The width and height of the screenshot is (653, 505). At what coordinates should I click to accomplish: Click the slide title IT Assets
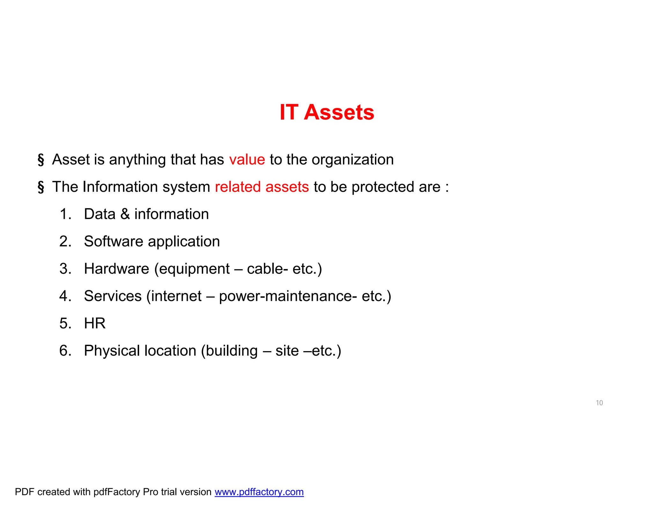pos(326,112)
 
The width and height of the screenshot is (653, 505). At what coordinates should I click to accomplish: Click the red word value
pos(247,160)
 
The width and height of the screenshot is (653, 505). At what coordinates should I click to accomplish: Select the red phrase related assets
pos(262,187)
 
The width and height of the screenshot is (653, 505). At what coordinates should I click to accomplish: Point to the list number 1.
pos(65,214)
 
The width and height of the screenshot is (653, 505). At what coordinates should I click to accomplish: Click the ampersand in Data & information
pos(125,214)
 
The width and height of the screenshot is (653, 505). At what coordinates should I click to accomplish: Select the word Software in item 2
pos(113,241)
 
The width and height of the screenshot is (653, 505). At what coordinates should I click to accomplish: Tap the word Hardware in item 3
pos(116,269)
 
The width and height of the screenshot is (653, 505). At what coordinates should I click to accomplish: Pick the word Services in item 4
pos(113,296)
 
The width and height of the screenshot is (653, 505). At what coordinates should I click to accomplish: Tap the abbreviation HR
pos(95,323)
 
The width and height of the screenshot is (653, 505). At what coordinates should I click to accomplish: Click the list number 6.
pos(65,351)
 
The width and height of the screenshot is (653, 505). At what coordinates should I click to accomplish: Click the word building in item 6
pos(231,351)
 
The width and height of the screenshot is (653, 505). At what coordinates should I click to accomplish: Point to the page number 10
pos(599,403)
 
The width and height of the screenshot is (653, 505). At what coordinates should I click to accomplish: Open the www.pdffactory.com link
pos(259,492)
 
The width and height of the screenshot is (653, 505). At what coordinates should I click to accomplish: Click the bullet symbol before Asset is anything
pos(41,160)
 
